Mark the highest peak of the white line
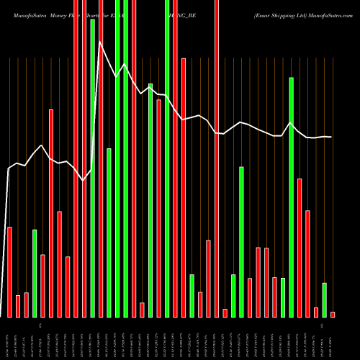click(100, 42)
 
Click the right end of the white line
click(332, 137)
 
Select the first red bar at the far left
click(9, 271)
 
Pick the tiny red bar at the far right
click(333, 314)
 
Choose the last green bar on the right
click(324, 300)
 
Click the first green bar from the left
click(35, 273)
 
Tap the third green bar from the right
click(283, 297)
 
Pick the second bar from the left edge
click(18, 306)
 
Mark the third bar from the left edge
click(26, 305)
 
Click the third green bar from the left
click(109, 233)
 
